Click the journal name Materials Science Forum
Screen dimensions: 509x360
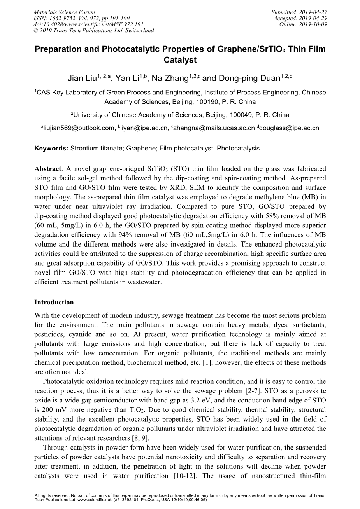pos(58,12)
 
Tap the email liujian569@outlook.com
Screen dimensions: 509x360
pos(78,128)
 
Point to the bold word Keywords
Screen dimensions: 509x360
pos(51,148)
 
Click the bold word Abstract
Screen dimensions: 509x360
pos(48,169)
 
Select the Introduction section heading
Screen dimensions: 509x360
pos(54,302)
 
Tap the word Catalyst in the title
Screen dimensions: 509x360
pos(180,60)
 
